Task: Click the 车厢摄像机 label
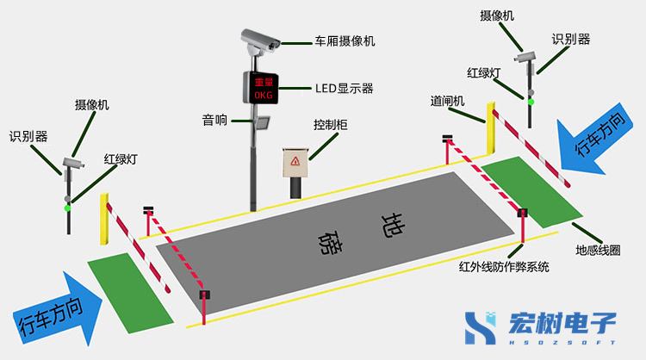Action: tap(345, 41)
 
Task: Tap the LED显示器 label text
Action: tap(345, 89)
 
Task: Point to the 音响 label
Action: tap(214, 121)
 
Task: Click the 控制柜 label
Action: tap(331, 125)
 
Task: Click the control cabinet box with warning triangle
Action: tap(295, 162)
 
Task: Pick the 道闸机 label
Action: tap(447, 102)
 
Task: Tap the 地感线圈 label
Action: tap(598, 250)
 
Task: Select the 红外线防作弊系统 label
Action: tap(504, 267)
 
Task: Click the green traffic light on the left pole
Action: tap(67, 208)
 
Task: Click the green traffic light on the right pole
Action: tap(531, 102)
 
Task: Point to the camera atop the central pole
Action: tap(260, 40)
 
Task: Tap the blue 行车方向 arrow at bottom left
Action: tap(57, 309)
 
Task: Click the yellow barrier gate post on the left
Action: tap(104, 219)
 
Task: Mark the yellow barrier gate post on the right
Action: tap(491, 128)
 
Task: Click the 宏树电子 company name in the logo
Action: tap(562, 323)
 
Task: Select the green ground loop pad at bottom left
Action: tap(130, 294)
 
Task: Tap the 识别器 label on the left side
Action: tap(28, 136)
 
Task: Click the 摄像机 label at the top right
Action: tap(497, 16)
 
